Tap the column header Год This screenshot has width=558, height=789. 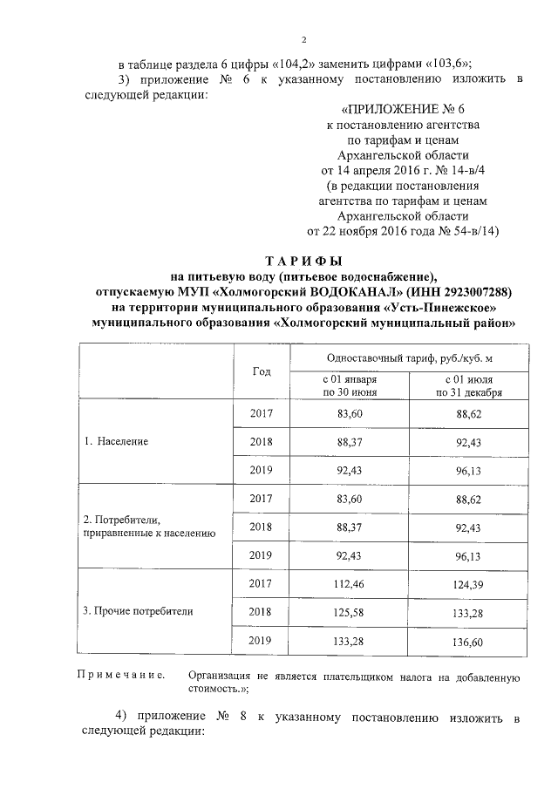click(x=262, y=371)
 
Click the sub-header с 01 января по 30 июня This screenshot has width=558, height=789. click(x=349, y=386)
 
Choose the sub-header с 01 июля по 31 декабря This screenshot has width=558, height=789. click(x=468, y=386)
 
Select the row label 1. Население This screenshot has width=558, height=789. click(x=117, y=441)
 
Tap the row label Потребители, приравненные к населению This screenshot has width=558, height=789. click(x=145, y=526)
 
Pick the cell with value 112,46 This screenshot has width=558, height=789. click(x=349, y=582)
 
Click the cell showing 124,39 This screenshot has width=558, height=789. click(x=468, y=582)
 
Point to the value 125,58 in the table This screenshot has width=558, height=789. click(x=349, y=611)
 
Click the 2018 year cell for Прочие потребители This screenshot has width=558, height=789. click(x=262, y=611)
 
